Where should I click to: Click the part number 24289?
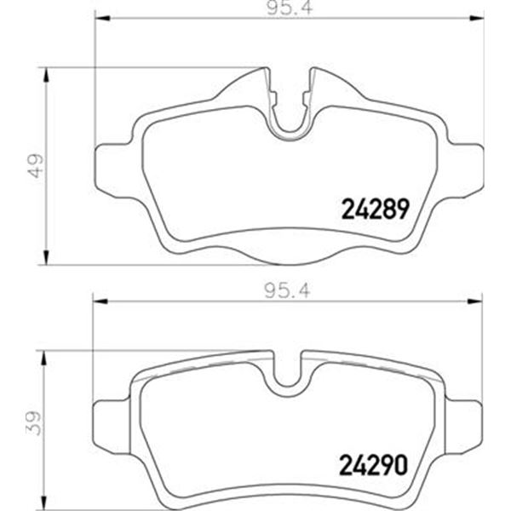(375, 209)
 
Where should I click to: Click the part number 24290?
(374, 465)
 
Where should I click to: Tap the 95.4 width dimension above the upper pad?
(290, 8)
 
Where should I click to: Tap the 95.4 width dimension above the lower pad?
(288, 290)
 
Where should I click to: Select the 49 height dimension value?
(36, 165)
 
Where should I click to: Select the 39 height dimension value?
(34, 423)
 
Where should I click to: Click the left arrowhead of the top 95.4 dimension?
(101, 19)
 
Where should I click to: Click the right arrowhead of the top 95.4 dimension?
(476, 19)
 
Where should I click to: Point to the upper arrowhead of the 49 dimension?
(46, 75)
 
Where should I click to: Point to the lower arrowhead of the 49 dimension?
(46, 257)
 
